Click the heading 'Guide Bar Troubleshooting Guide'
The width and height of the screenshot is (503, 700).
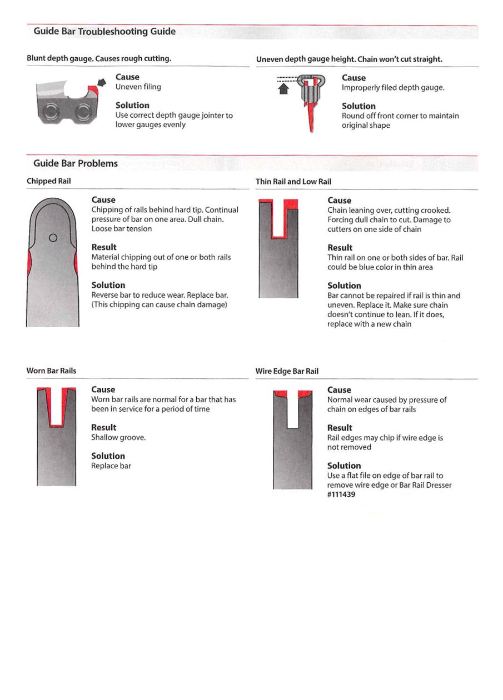click(x=104, y=32)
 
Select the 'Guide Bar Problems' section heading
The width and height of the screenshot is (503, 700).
click(x=76, y=163)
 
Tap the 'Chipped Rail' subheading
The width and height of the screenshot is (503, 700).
click(x=49, y=181)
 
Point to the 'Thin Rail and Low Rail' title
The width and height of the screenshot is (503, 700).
click(x=293, y=182)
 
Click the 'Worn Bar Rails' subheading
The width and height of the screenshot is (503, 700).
click(x=52, y=371)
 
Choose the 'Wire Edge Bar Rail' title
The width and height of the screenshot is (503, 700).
click(x=287, y=371)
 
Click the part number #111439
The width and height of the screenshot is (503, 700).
click(x=341, y=494)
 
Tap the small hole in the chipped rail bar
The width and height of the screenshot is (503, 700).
click(x=53, y=238)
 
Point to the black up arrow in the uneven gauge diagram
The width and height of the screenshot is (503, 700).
click(x=283, y=88)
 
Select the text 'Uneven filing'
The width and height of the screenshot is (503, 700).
click(x=138, y=87)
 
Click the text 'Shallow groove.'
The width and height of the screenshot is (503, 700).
click(x=118, y=437)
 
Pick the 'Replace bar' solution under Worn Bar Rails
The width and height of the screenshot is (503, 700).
click(x=111, y=466)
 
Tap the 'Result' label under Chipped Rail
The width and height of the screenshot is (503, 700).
click(x=104, y=247)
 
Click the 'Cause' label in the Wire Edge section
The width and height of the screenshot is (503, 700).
click(x=339, y=390)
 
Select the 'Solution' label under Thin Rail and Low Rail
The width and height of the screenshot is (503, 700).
click(x=344, y=286)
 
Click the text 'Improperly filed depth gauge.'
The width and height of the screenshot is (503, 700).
click(x=393, y=87)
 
